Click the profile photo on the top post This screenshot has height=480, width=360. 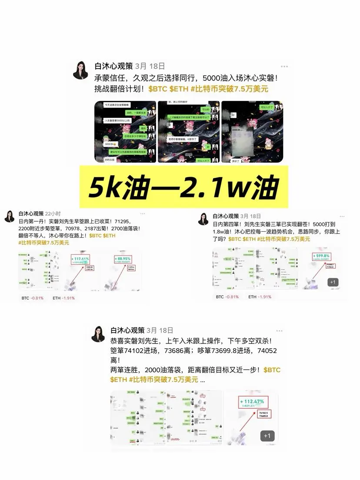point(81,70)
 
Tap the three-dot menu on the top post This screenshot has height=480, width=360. point(284,67)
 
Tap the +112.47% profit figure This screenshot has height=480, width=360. point(252,401)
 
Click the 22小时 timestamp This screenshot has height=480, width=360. point(53,214)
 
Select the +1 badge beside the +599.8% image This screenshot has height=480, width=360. point(333,282)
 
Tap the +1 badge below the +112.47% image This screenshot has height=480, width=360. point(267,435)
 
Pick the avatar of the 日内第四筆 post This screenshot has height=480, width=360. point(203,219)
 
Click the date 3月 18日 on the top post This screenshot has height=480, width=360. point(150,66)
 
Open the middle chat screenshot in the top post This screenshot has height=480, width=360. point(188,132)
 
